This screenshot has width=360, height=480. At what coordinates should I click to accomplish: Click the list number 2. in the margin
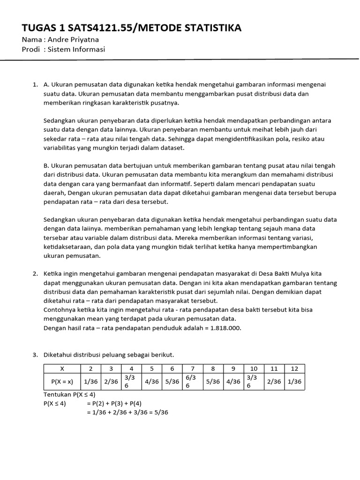(x=35, y=273)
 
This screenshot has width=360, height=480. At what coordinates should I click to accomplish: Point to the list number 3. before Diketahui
(x=35, y=355)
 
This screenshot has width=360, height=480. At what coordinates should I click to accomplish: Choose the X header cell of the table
(x=62, y=369)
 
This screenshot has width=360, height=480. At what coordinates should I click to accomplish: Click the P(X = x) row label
(x=62, y=382)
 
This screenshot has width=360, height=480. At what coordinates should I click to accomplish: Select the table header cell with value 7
(x=192, y=369)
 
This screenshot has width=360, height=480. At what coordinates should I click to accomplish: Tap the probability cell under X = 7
(x=192, y=382)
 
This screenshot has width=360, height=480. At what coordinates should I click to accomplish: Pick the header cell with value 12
(x=294, y=369)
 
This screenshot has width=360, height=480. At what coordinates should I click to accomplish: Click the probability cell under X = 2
(x=90, y=382)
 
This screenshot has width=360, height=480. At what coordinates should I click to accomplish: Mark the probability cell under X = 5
(x=152, y=382)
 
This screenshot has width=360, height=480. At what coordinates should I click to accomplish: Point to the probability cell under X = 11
(x=274, y=382)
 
